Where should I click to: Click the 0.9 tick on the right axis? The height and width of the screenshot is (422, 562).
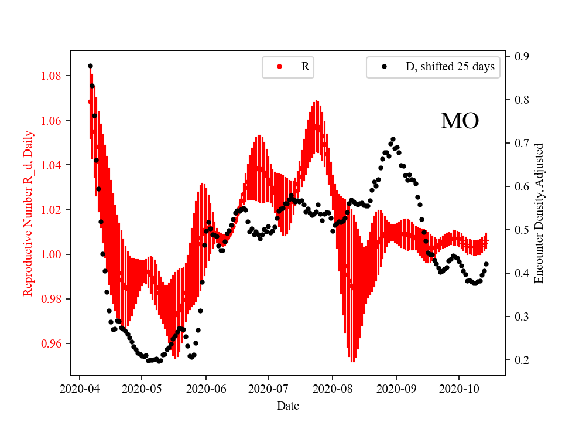coord(521,56)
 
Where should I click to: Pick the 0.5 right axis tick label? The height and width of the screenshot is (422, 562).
coord(521,230)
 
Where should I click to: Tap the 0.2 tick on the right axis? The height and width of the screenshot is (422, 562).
coord(521,360)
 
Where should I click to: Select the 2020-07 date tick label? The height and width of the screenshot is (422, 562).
coord(268,389)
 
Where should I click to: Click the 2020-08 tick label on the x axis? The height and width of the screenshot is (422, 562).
coord(333,389)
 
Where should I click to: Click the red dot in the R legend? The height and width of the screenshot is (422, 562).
coord(279,67)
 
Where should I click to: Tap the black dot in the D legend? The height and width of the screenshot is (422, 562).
coord(384,67)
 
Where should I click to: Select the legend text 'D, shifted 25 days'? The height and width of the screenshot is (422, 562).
coord(450,67)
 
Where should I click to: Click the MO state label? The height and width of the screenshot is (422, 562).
coord(460,121)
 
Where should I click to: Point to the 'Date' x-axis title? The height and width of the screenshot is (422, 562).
coord(288,405)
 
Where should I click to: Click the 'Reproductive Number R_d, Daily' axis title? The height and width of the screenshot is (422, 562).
coord(28,213)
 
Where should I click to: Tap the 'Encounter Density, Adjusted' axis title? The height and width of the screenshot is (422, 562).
coord(539,213)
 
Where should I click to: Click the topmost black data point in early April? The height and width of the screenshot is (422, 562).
coord(90,66)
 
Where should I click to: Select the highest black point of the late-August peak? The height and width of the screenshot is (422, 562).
coord(393,139)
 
